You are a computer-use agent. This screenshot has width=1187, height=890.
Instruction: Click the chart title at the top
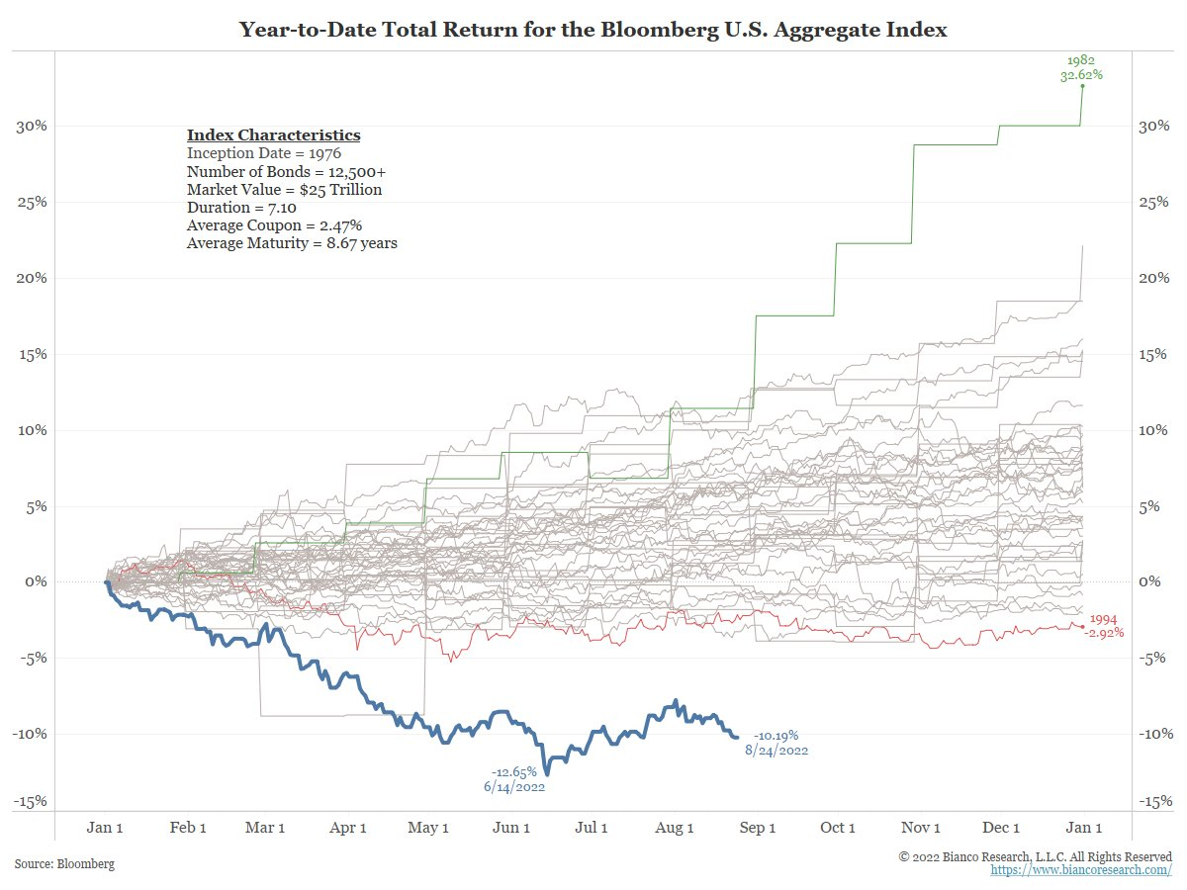coord(593,31)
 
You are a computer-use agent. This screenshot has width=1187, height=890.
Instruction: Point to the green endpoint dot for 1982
coord(1082,86)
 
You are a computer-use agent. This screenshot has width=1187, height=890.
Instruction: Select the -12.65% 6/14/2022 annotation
coord(514,779)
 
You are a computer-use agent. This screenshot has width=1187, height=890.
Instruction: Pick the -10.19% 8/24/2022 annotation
coord(776,743)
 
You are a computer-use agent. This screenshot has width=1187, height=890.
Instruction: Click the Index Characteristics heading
coord(273,135)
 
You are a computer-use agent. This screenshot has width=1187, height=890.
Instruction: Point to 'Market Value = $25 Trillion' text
coord(284,190)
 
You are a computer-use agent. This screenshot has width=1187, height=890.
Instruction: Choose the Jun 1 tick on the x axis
coord(510,828)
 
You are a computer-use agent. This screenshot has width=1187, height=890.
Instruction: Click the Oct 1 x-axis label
coord(838,828)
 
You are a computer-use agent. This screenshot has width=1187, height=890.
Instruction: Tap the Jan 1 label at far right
coord(1082,828)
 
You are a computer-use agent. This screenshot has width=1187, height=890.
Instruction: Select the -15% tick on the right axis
coord(1157,802)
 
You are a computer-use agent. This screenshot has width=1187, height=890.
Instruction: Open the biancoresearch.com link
coord(1081,869)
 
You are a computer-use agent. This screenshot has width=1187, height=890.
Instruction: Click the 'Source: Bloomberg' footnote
coord(64,863)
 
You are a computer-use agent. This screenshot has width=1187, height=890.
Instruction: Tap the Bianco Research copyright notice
coord(1035,855)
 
